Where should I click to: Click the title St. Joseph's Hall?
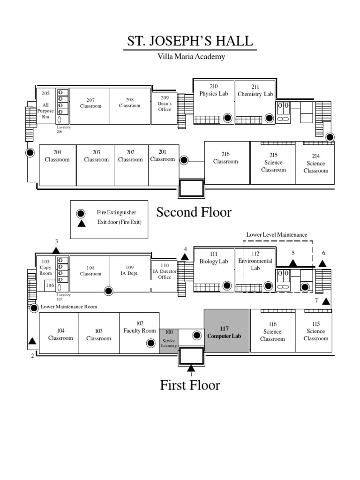(192, 42)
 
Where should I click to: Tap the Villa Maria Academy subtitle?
(191, 57)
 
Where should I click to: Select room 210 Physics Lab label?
(214, 90)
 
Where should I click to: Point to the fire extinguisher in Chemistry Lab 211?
(269, 118)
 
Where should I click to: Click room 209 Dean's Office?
(165, 104)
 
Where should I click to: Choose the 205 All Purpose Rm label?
(45, 105)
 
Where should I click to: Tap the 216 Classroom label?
(225, 158)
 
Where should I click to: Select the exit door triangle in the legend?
(82, 223)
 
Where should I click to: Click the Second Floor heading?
(194, 212)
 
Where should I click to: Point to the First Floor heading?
(190, 385)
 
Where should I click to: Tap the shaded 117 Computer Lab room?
(227, 331)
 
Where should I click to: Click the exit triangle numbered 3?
(56, 251)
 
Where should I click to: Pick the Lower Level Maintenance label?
(277, 234)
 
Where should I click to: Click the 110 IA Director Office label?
(165, 271)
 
